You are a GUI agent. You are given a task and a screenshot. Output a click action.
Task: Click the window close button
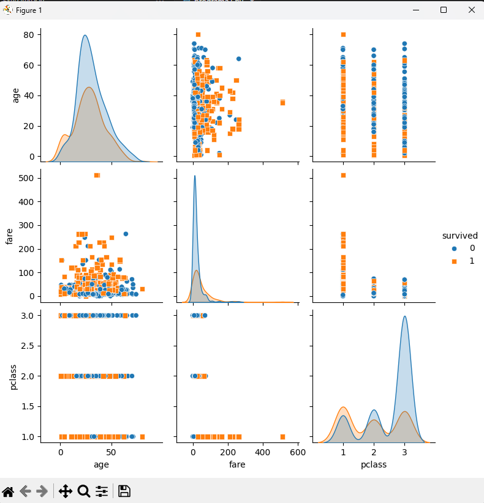point(471,10)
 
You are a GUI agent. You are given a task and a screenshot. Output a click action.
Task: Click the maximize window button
point(444,10)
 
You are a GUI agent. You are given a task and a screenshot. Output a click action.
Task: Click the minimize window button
point(415,10)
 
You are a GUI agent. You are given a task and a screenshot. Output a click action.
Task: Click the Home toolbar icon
point(8,491)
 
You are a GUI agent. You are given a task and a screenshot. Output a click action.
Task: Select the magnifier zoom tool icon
point(84,491)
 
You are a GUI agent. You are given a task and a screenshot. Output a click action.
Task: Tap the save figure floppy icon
point(124,491)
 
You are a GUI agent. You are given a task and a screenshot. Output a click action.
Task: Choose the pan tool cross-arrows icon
point(66,491)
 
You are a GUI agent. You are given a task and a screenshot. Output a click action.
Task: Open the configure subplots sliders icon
point(102,491)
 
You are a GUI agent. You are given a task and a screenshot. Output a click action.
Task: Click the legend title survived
point(459,236)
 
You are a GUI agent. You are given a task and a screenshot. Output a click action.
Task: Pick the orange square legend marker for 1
point(454,261)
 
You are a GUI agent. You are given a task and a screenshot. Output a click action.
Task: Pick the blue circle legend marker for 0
point(454,248)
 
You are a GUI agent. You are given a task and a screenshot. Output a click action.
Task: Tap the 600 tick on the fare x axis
point(298,453)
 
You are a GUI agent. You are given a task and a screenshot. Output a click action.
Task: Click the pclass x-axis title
point(374,465)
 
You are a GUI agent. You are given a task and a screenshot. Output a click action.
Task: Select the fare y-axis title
point(9,236)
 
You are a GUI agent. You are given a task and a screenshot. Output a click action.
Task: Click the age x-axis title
point(101,465)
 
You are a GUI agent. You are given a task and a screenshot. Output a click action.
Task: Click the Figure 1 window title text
point(29,10)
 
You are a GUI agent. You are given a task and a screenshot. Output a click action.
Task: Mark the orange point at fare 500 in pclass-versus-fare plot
point(282,437)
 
